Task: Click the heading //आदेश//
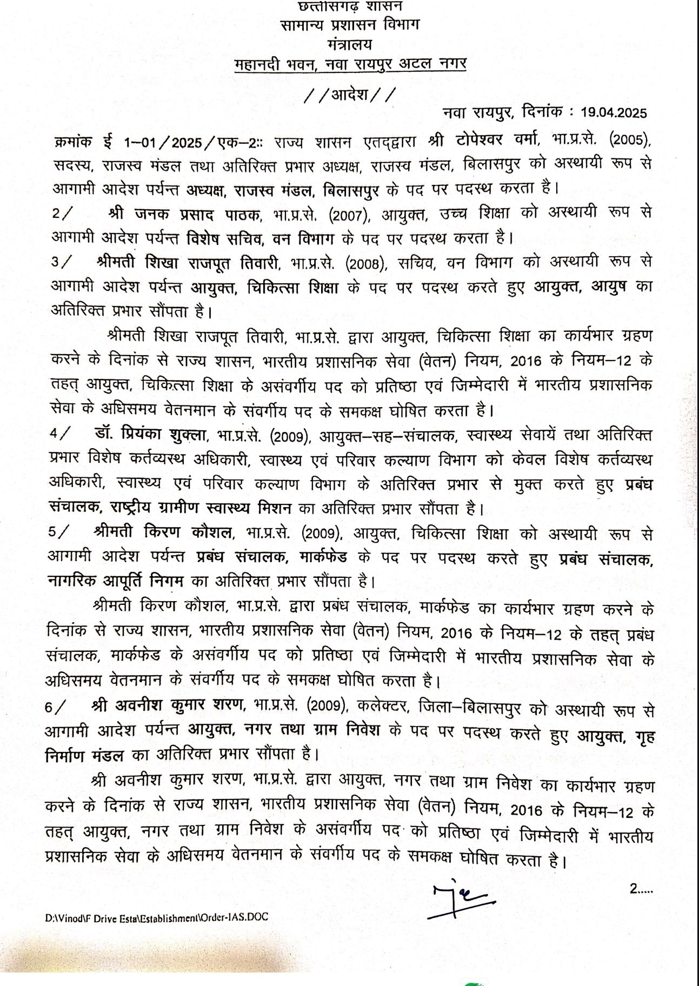click(x=350, y=95)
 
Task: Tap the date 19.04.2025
click(x=614, y=113)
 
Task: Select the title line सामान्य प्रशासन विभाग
click(x=350, y=25)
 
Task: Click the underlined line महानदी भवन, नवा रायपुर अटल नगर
click(x=350, y=64)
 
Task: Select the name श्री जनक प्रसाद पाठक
click(x=184, y=214)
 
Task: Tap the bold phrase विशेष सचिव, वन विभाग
click(x=261, y=238)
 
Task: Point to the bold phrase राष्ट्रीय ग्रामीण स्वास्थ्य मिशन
click(x=201, y=509)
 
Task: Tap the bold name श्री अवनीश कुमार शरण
click(x=169, y=706)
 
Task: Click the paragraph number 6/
click(x=57, y=707)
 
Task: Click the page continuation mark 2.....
click(x=641, y=888)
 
